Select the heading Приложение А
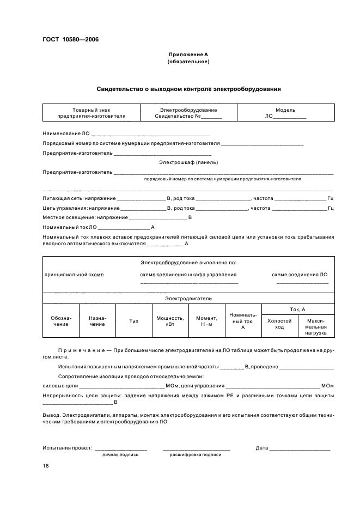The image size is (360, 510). click(x=188, y=54)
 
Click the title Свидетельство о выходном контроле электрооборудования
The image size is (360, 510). click(x=188, y=89)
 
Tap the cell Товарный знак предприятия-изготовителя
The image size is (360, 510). click(x=91, y=113)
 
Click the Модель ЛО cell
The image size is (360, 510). click(x=285, y=113)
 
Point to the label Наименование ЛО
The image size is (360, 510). click(x=66, y=133)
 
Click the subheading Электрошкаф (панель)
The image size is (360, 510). click(x=188, y=162)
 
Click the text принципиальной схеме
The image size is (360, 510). click(x=74, y=275)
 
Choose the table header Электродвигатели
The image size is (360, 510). click(x=188, y=299)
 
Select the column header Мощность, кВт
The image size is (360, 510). click(x=170, y=321)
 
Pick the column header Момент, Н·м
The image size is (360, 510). click(x=206, y=321)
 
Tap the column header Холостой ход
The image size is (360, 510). click(x=279, y=324)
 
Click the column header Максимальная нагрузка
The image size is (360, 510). click(x=316, y=326)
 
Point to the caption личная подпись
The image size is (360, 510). click(x=120, y=454)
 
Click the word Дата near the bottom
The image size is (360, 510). click(x=262, y=448)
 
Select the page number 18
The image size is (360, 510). click(x=46, y=466)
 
